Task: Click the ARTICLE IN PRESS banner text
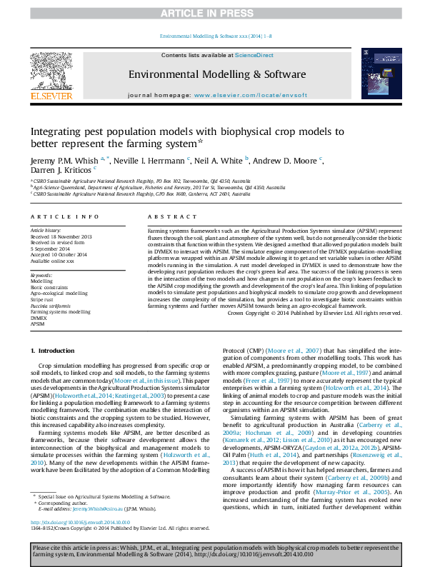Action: pyautogui.click(x=212, y=14)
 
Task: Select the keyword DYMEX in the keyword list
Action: pyautogui.click(x=39, y=318)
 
